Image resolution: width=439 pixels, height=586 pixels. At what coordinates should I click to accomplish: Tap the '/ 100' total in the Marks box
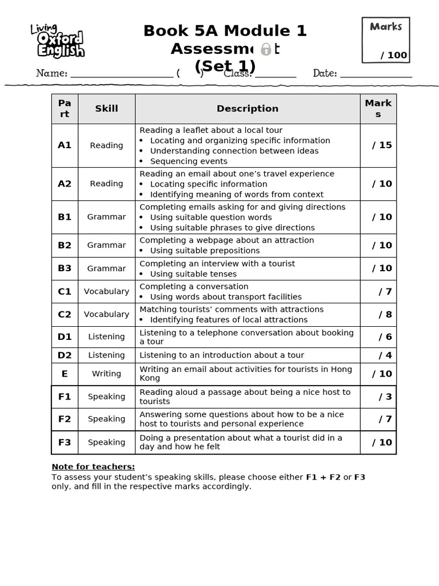pyautogui.click(x=394, y=56)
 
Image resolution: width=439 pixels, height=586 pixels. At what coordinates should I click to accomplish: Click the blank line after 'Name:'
pyautogui.click(x=121, y=74)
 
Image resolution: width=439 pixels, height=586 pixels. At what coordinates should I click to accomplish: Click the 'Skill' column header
pyautogui.click(x=106, y=109)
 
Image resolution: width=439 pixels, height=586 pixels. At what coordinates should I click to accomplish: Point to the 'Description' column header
pyautogui.click(x=248, y=109)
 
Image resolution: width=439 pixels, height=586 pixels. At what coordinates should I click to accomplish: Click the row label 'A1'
pyautogui.click(x=65, y=145)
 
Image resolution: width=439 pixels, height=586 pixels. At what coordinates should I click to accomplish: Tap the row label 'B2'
pyautogui.click(x=65, y=246)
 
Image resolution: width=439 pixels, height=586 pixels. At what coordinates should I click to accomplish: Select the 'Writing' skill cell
pyautogui.click(x=106, y=374)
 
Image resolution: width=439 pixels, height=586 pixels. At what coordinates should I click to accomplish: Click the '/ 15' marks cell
pyautogui.click(x=382, y=145)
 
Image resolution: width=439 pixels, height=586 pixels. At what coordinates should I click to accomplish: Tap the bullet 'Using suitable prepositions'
pyautogui.click(x=205, y=251)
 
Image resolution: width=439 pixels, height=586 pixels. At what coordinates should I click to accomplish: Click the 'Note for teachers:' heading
pyautogui.click(x=93, y=466)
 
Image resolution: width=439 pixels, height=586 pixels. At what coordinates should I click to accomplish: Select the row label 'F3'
pyautogui.click(x=65, y=442)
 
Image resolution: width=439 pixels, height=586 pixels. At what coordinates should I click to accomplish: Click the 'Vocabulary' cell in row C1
pyautogui.click(x=106, y=291)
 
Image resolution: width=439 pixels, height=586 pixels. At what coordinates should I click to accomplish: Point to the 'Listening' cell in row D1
pyautogui.click(x=106, y=336)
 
